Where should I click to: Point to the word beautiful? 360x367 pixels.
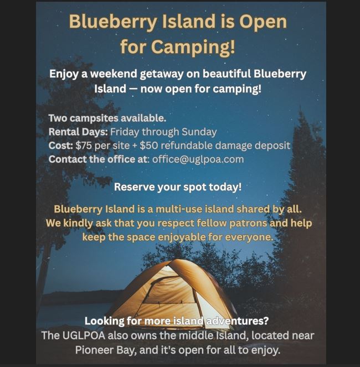227,74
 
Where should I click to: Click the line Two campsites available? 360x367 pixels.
107,118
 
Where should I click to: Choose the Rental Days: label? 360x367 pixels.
78,132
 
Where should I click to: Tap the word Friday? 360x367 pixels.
125,132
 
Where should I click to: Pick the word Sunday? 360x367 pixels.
199,132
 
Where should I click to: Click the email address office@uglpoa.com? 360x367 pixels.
198,159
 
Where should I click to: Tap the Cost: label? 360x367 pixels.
61,146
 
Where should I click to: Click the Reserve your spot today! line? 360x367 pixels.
178,187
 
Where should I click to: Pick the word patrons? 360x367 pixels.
248,223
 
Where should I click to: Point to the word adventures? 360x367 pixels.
236,321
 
